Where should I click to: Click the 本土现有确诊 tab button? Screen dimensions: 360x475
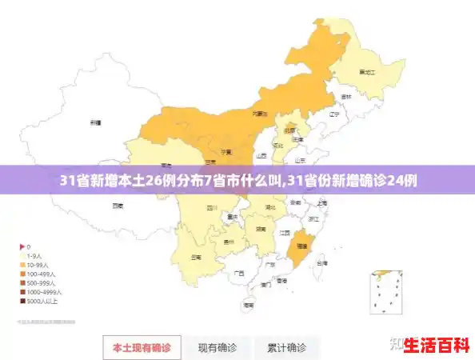(141, 347)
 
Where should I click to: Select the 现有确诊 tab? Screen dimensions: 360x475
(218, 347)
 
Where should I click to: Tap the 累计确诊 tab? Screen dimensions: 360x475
(286, 347)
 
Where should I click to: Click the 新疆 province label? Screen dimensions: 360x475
(95, 123)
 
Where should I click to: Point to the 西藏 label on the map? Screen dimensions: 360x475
(118, 206)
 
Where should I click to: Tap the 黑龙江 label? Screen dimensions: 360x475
(367, 72)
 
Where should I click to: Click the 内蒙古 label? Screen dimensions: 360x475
(260, 114)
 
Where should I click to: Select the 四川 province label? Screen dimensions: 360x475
(212, 206)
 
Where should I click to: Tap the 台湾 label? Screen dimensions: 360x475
(321, 262)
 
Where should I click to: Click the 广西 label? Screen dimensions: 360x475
(237, 273)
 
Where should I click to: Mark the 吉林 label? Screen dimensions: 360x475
(345, 97)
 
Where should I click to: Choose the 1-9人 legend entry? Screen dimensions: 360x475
(35, 255)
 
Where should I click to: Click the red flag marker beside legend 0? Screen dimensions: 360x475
(22, 246)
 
